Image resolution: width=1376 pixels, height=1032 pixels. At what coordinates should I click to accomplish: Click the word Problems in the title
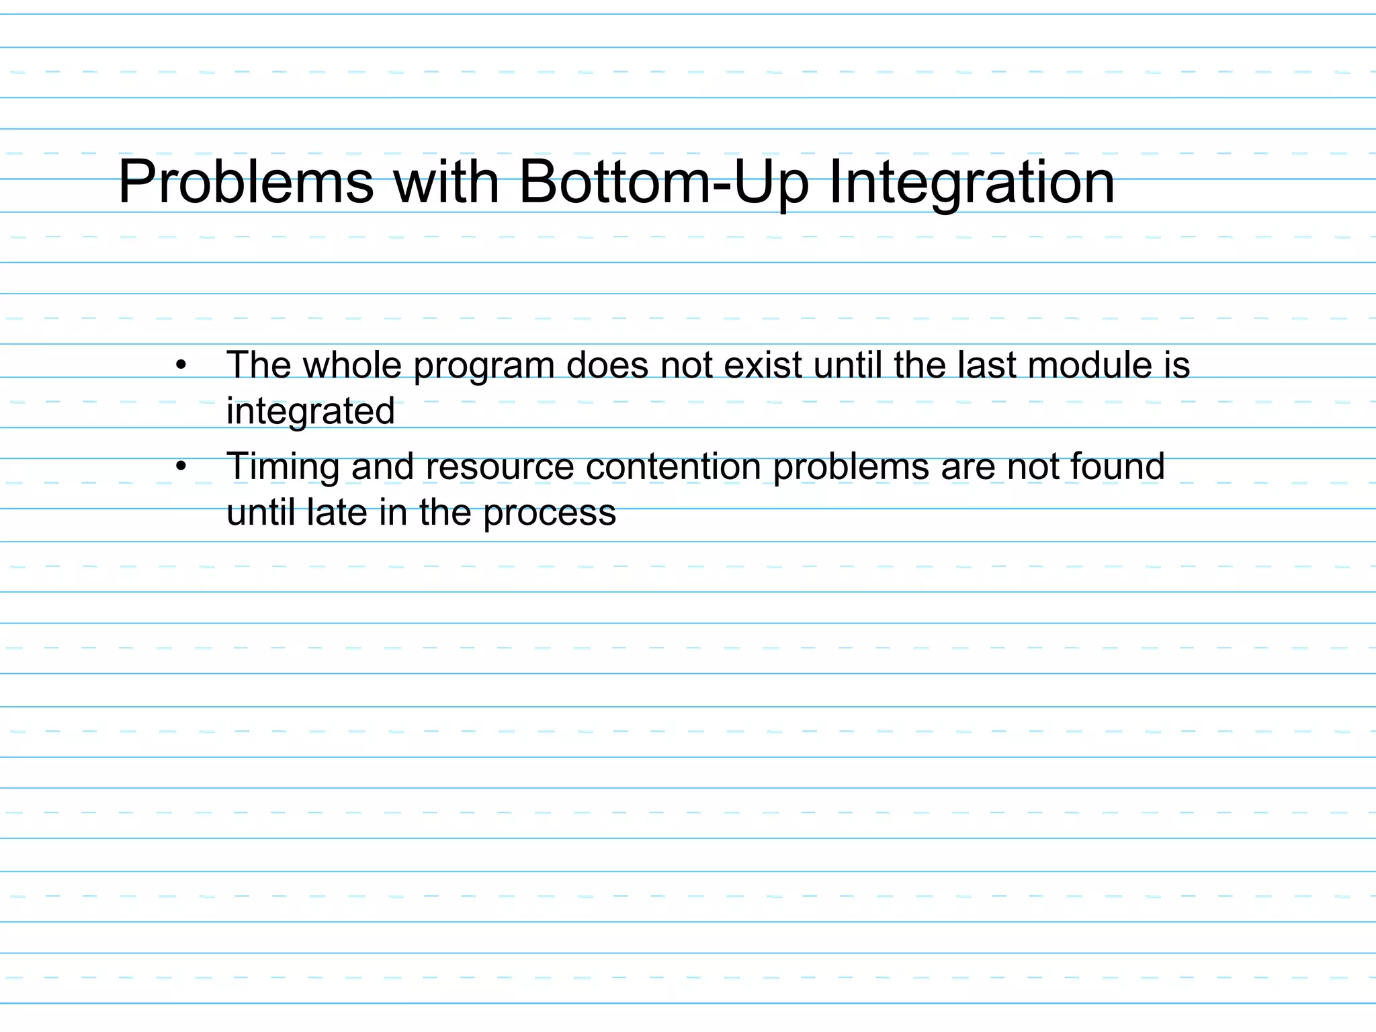(245, 183)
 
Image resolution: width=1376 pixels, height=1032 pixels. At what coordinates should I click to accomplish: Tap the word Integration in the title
(972, 183)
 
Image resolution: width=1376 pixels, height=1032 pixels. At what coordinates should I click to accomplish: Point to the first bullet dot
(180, 366)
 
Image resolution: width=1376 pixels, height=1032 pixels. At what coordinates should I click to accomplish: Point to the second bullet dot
(180, 466)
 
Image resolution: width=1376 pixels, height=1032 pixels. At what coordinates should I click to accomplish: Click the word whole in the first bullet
(352, 365)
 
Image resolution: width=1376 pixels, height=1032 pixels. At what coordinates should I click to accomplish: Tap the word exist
(762, 365)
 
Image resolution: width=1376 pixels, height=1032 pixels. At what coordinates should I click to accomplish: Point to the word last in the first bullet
(987, 365)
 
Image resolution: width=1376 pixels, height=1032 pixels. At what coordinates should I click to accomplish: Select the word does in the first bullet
(607, 365)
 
